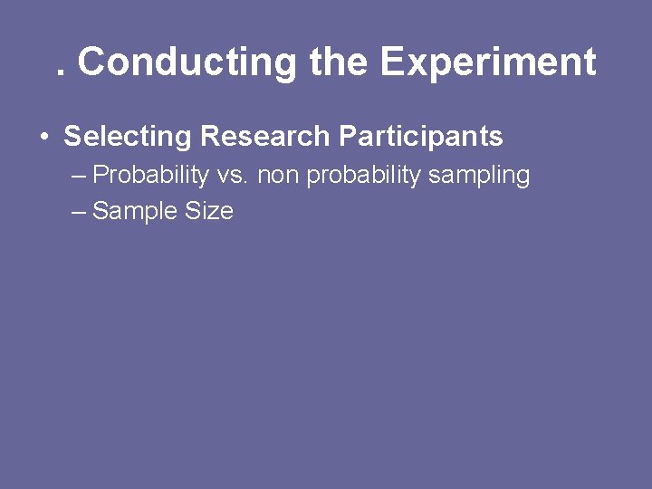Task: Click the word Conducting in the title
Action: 187,62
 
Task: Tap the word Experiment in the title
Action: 487,62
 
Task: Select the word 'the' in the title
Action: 338,62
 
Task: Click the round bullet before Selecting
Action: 43,138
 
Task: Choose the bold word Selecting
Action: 128,137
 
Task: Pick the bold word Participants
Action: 420,137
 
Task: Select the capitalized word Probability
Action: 150,175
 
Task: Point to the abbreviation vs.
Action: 233,175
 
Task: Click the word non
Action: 278,175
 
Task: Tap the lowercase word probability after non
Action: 364,175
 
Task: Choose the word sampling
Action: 479,175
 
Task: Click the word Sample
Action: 135,212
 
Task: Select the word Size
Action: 209,212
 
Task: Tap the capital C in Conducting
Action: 91,62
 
